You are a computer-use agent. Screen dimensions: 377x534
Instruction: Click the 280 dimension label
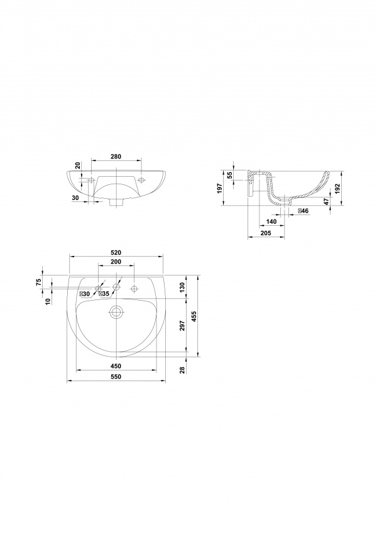[x=116, y=157]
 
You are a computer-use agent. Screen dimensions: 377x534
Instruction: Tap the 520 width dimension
[x=116, y=253]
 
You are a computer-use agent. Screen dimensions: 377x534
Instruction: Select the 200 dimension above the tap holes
[x=116, y=262]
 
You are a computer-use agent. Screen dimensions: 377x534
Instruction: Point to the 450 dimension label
[x=116, y=366]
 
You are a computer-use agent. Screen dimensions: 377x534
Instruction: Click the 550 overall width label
[x=116, y=377]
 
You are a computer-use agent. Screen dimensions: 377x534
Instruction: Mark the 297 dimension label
[x=182, y=326]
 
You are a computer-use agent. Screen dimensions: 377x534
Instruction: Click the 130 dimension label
[x=182, y=287]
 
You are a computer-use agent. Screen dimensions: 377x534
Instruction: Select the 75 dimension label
[x=38, y=282]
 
